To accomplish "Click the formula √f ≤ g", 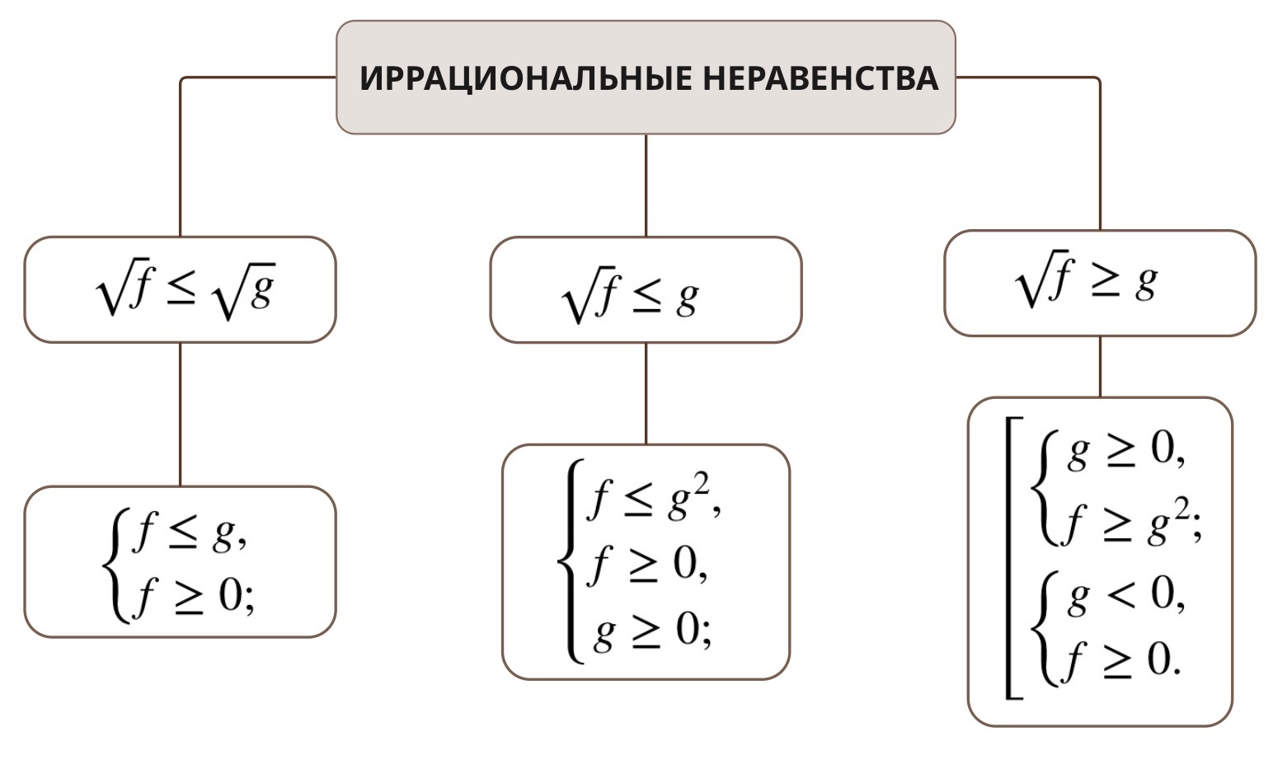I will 630,298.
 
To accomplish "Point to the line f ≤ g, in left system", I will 190,535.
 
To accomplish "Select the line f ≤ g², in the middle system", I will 653,500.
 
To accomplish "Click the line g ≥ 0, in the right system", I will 1126,452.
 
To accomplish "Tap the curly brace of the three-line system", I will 570,561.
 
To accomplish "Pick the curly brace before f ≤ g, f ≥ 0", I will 115,565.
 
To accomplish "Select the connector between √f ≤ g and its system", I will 646,393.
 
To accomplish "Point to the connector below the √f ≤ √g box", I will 181,414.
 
